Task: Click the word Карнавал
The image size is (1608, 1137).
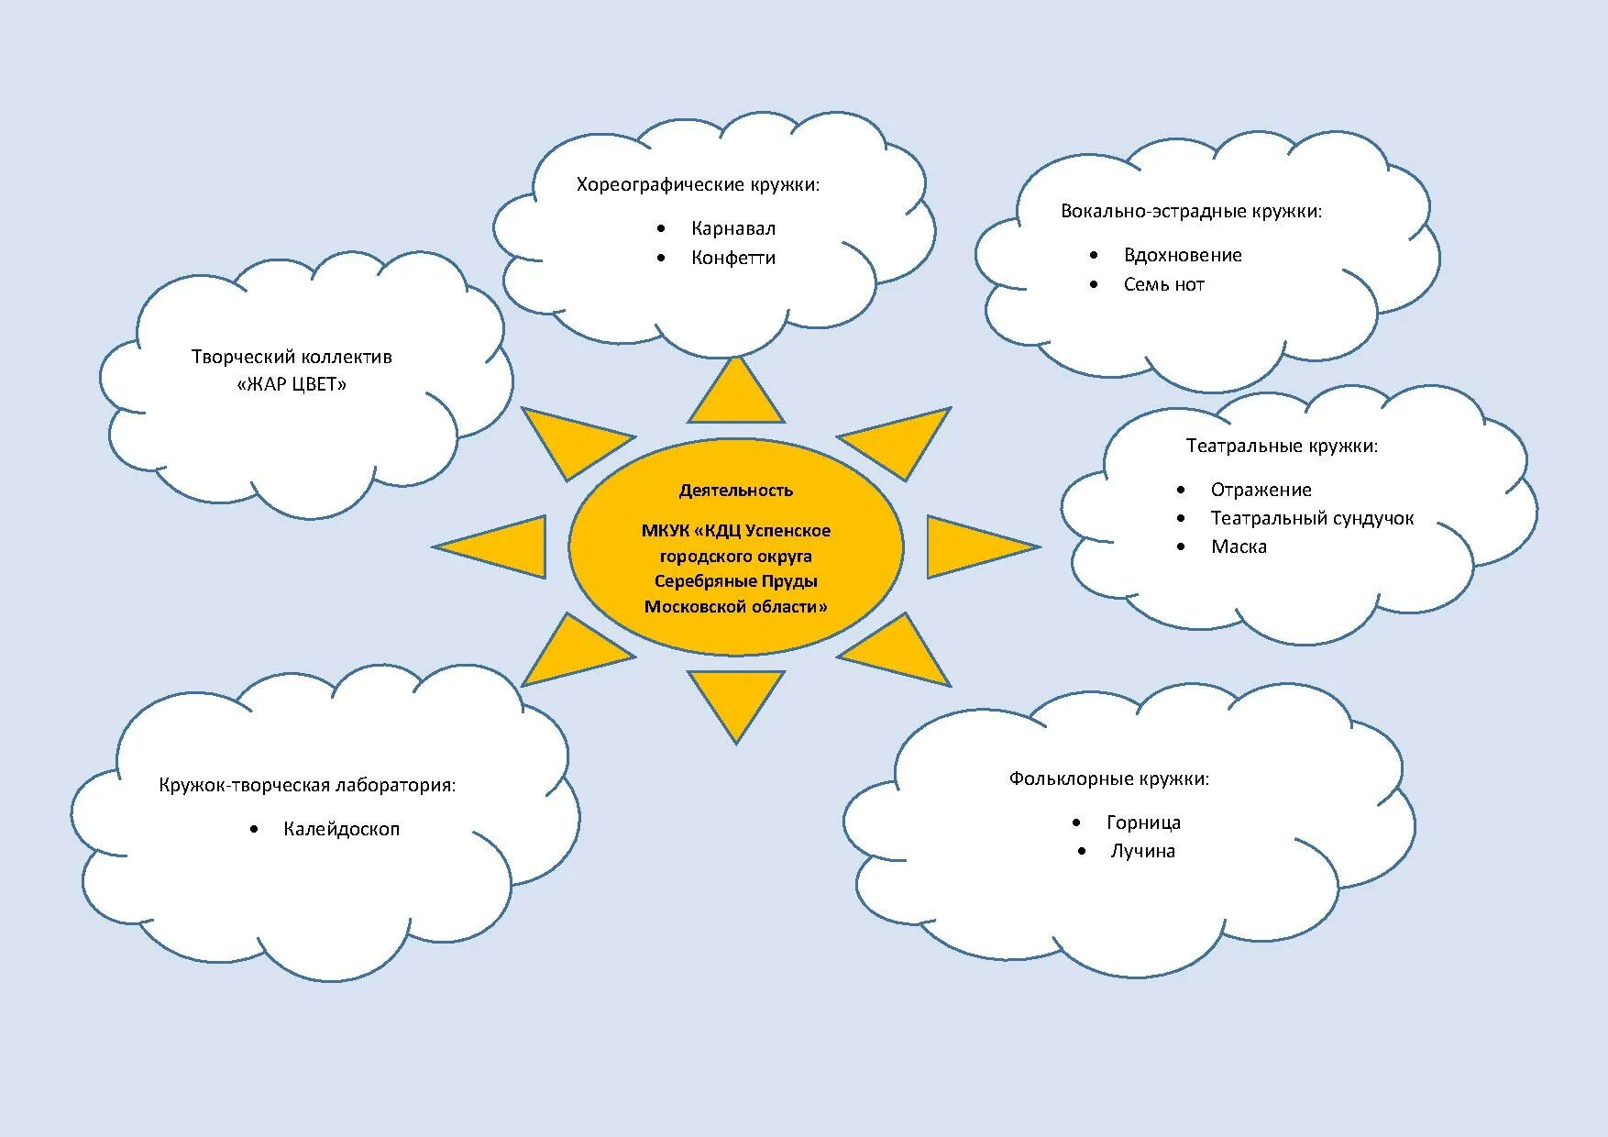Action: pyautogui.click(x=733, y=228)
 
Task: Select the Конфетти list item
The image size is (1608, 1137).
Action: pyautogui.click(x=733, y=258)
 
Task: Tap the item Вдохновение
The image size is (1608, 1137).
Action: pyautogui.click(x=1183, y=255)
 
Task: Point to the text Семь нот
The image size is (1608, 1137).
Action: pyautogui.click(x=1163, y=284)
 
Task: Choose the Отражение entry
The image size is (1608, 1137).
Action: pyautogui.click(x=1261, y=490)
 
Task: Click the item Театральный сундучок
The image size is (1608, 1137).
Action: pyautogui.click(x=1312, y=518)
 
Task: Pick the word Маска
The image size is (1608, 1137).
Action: pyautogui.click(x=1239, y=546)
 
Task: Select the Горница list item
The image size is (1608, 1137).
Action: pyautogui.click(x=1143, y=822)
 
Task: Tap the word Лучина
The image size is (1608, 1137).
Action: pyautogui.click(x=1142, y=851)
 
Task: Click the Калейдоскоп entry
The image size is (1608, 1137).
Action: pyautogui.click(x=341, y=829)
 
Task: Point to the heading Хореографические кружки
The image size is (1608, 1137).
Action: pyautogui.click(x=698, y=184)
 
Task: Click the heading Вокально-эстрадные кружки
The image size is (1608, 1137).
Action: pyautogui.click(x=1191, y=211)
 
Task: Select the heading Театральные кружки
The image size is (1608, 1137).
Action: pyautogui.click(x=1282, y=446)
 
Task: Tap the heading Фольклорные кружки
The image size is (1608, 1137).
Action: pyautogui.click(x=1109, y=778)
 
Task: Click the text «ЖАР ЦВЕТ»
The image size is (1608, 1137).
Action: pyautogui.click(x=292, y=384)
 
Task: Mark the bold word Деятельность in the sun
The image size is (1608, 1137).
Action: pyautogui.click(x=735, y=491)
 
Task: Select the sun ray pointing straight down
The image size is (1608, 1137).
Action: pyautogui.click(x=736, y=699)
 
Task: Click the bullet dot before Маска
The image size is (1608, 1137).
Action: pyautogui.click(x=1182, y=546)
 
